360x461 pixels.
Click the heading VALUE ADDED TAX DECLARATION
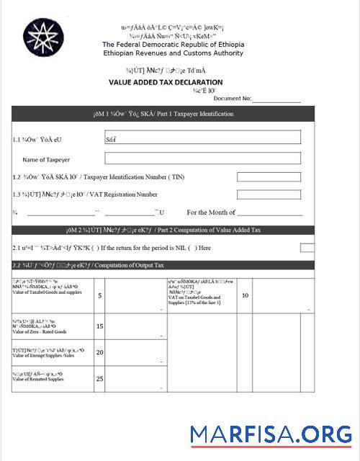pyautogui.click(x=166, y=83)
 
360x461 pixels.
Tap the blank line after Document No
pyautogui.click(x=276, y=99)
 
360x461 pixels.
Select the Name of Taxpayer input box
pyautogui.click(x=202, y=158)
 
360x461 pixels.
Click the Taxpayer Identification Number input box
pyautogui.click(x=269, y=176)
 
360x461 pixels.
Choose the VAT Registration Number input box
pyautogui.click(x=269, y=194)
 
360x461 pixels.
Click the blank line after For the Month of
pyautogui.click(x=269, y=212)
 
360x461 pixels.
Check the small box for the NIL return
pyautogui.click(x=307, y=248)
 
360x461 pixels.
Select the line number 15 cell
pyautogui.click(x=99, y=326)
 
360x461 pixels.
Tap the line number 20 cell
pyautogui.click(x=99, y=352)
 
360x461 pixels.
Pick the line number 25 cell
pyautogui.click(x=99, y=378)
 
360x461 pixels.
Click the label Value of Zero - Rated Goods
pyautogui.click(x=40, y=332)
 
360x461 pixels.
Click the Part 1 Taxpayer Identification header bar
pyautogui.click(x=163, y=115)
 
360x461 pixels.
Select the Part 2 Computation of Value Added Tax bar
pyautogui.click(x=163, y=230)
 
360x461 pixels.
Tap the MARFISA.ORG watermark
pyautogui.click(x=271, y=434)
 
